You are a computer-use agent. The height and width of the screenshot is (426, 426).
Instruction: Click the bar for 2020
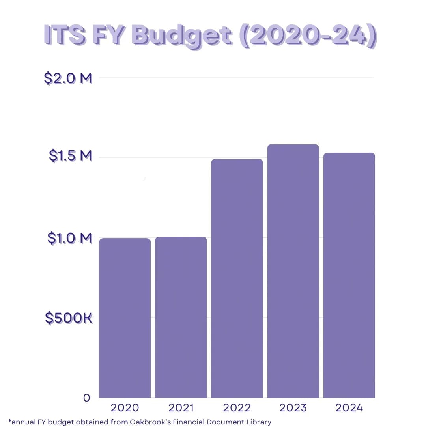point(125,318)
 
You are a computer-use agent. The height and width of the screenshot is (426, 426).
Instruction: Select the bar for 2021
point(181,317)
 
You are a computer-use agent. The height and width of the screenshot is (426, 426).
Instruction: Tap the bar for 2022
point(237,278)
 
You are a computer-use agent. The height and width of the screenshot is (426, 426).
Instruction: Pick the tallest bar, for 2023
point(293,271)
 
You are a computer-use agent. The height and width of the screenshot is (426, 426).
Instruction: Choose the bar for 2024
point(349,275)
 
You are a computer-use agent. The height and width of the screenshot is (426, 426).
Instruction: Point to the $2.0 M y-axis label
point(68,78)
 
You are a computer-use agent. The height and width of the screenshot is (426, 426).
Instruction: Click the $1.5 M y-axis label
point(70,156)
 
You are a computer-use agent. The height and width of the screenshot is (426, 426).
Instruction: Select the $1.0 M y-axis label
point(69,238)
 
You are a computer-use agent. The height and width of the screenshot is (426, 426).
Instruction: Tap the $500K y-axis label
point(69,318)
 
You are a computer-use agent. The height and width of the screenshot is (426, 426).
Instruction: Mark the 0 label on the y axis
point(87,398)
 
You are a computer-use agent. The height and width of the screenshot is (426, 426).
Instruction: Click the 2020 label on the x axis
point(125,408)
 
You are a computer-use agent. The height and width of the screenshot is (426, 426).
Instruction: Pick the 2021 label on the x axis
point(181,408)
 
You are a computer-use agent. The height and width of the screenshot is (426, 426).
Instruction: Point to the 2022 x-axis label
point(237,408)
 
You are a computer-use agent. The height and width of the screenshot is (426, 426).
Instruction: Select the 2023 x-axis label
point(293,408)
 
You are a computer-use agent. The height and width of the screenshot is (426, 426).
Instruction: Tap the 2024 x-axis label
point(349,408)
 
